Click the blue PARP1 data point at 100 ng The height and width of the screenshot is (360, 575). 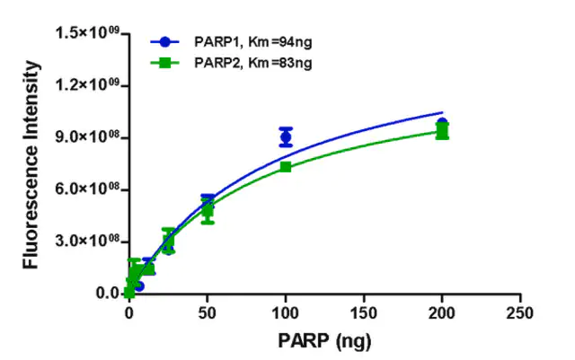point(286,137)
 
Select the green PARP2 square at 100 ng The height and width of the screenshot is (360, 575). point(286,167)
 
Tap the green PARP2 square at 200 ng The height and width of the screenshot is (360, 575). point(442,130)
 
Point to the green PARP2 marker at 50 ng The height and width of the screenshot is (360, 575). point(208,211)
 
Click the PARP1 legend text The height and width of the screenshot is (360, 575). point(253,42)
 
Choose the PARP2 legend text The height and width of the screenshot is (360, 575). point(253,63)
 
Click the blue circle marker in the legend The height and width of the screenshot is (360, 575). point(165,42)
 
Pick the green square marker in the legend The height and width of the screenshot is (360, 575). point(165,63)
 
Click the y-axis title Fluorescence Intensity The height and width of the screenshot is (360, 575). point(31,165)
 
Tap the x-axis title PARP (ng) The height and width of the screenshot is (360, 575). point(324,341)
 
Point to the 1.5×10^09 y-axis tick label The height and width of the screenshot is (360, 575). point(87,32)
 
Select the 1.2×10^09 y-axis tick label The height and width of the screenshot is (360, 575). point(87,84)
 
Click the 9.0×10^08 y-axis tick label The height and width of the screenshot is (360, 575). point(87,136)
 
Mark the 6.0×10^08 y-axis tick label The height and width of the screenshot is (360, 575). point(87,189)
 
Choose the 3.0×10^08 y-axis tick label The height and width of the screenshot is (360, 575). point(87,241)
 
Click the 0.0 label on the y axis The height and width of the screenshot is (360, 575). point(108,294)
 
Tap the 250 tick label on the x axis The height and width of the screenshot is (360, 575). point(520,313)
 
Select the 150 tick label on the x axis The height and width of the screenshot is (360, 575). point(364,313)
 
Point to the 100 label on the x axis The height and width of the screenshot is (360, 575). point(286,313)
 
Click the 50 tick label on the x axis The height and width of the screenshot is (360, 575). point(208,313)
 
